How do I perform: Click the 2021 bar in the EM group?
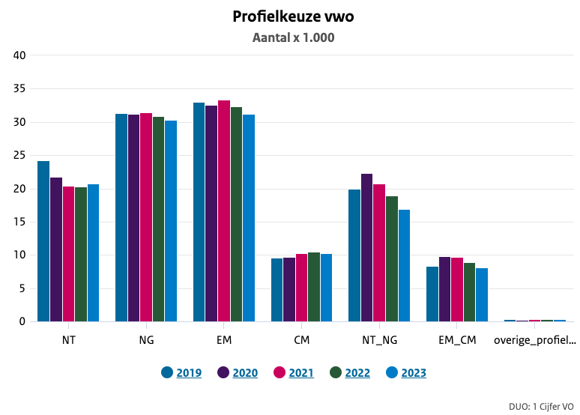click(224, 210)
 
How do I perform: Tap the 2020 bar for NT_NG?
click(367, 247)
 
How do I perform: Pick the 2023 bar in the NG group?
click(171, 221)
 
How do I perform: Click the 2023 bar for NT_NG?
click(404, 265)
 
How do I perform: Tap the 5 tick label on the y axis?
click(23, 288)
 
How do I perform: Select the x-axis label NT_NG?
click(379, 340)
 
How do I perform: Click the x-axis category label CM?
click(301, 340)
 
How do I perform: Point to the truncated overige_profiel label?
click(535, 340)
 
